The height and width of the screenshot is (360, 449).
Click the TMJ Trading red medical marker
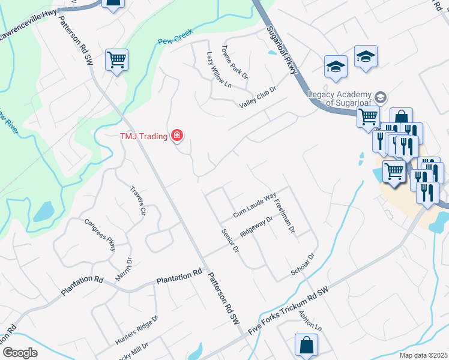pos(177,136)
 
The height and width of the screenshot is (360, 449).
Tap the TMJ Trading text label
pos(143,136)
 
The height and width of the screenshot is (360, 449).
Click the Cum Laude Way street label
pos(255,205)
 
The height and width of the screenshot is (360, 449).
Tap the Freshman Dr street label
pos(284,215)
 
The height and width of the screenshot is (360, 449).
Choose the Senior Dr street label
pos(231,240)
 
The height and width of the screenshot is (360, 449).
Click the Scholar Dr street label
pos(303,263)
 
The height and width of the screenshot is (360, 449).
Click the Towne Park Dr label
pos(234,62)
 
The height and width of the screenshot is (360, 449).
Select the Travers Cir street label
pos(139,200)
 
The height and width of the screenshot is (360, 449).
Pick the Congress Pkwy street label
pos(100,233)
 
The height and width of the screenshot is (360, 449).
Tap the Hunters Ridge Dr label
pos(136,331)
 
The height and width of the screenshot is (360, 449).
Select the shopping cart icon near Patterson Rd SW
pos(116,59)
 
